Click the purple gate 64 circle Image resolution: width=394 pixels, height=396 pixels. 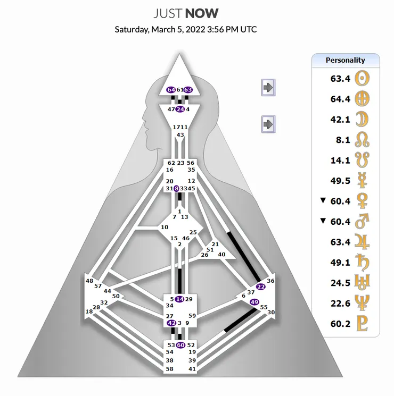(171, 90)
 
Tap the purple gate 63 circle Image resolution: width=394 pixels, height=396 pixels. (188, 90)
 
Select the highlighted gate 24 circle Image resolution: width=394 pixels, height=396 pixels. (180, 109)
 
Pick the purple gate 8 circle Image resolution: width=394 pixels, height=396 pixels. (176, 188)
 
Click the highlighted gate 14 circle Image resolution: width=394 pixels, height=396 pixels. (179, 299)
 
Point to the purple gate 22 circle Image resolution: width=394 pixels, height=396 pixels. (261, 287)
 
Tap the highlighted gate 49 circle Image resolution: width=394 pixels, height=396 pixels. (255, 302)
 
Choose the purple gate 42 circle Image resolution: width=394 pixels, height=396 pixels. (171, 323)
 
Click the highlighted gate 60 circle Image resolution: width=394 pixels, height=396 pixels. (180, 345)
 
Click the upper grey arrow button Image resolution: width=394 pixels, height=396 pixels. (268, 87)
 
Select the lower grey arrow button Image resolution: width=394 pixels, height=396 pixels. (268, 124)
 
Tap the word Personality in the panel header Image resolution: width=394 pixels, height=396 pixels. (345, 60)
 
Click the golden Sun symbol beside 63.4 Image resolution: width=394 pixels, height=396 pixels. (362, 78)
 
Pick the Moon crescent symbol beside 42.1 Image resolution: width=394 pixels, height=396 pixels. (362, 120)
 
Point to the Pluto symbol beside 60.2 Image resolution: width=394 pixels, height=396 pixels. (362, 323)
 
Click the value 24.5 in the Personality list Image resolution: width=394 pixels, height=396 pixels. (340, 283)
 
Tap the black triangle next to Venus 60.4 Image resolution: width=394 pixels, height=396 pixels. (323, 200)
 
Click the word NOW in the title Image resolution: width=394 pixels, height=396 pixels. (202, 13)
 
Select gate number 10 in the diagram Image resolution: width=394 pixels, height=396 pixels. (165, 228)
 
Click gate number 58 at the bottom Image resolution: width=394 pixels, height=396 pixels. (169, 369)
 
